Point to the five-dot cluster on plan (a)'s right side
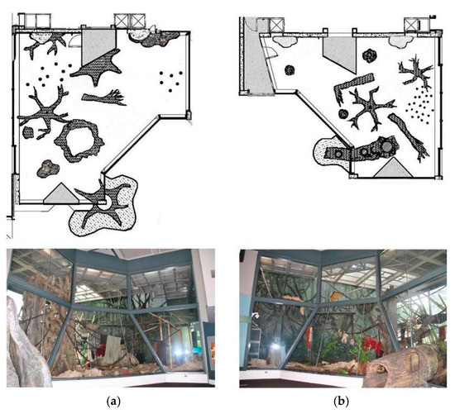point(171,80)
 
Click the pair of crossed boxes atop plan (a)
point(129,18)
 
